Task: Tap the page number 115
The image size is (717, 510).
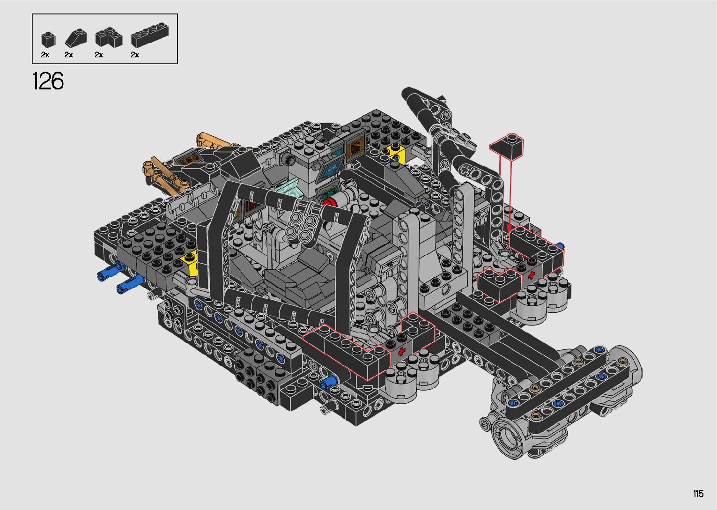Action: pyautogui.click(x=698, y=493)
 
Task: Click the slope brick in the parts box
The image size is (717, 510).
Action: pyautogui.click(x=76, y=38)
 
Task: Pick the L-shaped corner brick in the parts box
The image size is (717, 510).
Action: pyautogui.click(x=109, y=38)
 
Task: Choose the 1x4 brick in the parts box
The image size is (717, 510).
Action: pyautogui.click(x=149, y=35)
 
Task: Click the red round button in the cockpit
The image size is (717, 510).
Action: pyautogui.click(x=329, y=202)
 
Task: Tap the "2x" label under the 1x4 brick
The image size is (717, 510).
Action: pyautogui.click(x=135, y=55)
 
